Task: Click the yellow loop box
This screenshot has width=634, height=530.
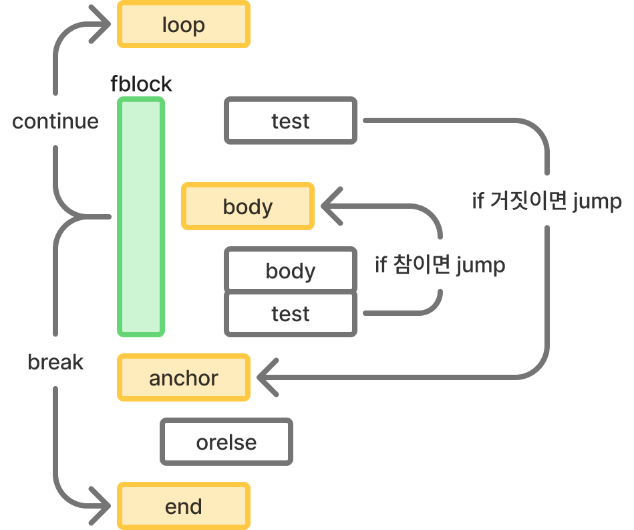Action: [x=184, y=25]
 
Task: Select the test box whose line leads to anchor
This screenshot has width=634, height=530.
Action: [x=291, y=121]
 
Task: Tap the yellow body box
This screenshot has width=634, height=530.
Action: [x=248, y=207]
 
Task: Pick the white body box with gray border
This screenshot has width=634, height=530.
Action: [x=291, y=271]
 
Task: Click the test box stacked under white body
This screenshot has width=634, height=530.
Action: [x=291, y=314]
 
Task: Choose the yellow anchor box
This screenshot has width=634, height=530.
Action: [x=184, y=378]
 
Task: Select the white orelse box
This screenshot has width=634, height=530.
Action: [x=226, y=442]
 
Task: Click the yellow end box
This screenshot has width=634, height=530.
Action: [x=184, y=507]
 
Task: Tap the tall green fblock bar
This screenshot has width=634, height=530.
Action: [x=141, y=217]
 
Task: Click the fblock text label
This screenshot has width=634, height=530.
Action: [x=141, y=84]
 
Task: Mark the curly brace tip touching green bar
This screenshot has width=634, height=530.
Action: [x=107, y=217]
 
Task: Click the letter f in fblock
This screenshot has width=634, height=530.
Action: [x=114, y=84]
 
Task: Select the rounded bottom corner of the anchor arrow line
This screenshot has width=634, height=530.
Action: [x=538, y=369]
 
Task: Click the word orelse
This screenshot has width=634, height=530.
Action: [x=226, y=442]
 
